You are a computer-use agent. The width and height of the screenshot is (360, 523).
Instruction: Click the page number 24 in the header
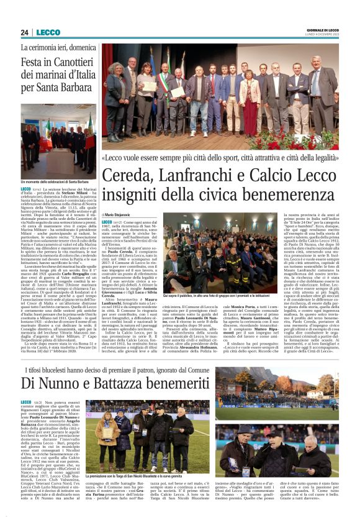point(24,32)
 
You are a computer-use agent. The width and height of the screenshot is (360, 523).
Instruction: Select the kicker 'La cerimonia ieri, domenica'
point(58,48)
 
